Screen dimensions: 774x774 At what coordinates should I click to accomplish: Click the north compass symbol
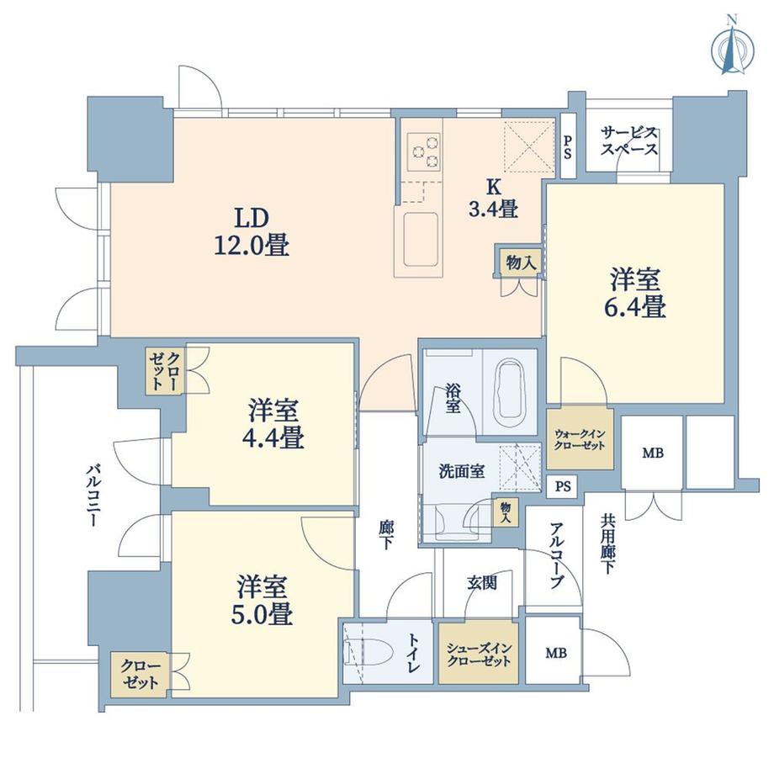click(x=733, y=50)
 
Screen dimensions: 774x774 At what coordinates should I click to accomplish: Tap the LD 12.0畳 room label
click(x=252, y=231)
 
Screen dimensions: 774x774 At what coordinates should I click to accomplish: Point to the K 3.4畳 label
click(x=493, y=199)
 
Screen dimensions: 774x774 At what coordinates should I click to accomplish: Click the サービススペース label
click(x=629, y=141)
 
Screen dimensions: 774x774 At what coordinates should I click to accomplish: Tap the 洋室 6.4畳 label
click(x=635, y=293)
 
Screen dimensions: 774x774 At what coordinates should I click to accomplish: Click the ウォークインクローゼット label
click(x=580, y=439)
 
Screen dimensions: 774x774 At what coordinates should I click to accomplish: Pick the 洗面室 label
click(x=462, y=471)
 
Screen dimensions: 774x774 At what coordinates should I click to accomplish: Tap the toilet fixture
click(x=369, y=653)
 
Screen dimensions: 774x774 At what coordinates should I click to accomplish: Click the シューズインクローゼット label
click(x=479, y=655)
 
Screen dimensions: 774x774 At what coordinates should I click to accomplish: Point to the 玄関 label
click(x=482, y=584)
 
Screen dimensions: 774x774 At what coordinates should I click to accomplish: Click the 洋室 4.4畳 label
click(x=273, y=424)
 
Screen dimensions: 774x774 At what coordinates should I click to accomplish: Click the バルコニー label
click(x=93, y=495)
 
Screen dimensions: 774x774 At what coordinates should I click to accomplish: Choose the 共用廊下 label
click(x=607, y=544)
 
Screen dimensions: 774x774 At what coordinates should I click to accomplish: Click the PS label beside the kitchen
click(x=568, y=146)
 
